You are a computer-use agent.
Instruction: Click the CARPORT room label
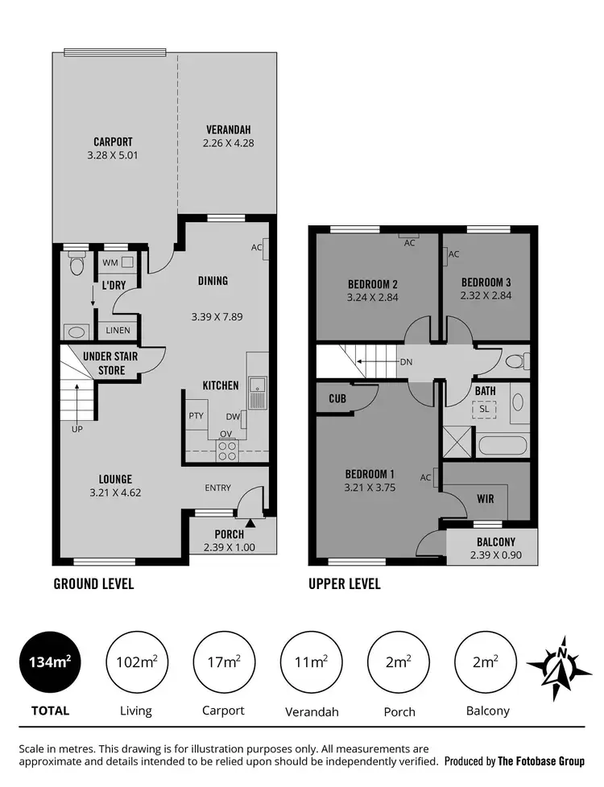coord(113,142)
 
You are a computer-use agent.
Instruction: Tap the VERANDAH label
coord(229,130)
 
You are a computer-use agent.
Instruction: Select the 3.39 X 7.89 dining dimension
coord(217,317)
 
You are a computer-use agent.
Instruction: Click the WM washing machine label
coord(108,263)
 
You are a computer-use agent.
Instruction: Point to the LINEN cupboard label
coord(114,330)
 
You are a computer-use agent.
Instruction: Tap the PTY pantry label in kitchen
coord(196,416)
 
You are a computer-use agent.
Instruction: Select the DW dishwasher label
coord(234,417)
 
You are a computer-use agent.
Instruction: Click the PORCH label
coord(229,534)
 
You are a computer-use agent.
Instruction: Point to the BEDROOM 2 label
coord(373,284)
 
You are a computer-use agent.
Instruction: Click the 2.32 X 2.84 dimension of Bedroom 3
coord(486,295)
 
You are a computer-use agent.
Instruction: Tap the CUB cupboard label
coord(337,398)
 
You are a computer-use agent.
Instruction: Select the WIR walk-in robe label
coord(486,499)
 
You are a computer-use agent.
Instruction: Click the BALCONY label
coord(495,542)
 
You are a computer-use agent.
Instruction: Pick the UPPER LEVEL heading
coord(345,584)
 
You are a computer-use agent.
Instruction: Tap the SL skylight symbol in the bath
coord(484,409)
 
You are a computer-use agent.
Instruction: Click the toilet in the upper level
coord(514,361)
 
